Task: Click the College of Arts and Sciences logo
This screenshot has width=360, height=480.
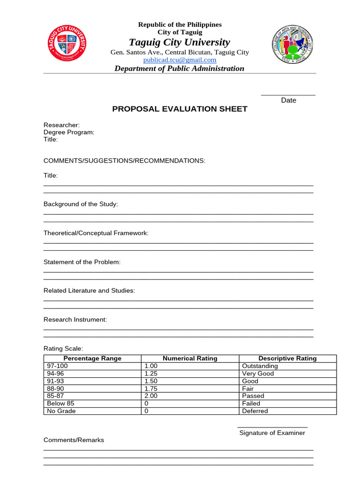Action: pyautogui.click(x=292, y=49)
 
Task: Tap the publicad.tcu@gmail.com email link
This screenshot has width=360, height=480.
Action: pyautogui.click(x=180, y=60)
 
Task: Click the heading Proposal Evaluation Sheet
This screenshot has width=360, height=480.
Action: pyautogui.click(x=180, y=109)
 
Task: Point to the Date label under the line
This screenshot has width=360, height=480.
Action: pyautogui.click(x=288, y=100)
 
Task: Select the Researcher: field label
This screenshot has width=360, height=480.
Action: pyautogui.click(x=61, y=125)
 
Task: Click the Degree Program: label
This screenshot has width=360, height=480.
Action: pyautogui.click(x=69, y=132)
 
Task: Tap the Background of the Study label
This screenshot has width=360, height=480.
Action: pyautogui.click(x=81, y=204)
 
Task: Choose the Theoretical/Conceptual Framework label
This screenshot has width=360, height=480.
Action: pyautogui.click(x=96, y=233)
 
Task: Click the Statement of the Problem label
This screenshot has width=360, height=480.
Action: pyautogui.click(x=82, y=262)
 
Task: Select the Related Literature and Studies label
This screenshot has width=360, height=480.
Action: pyautogui.click(x=89, y=291)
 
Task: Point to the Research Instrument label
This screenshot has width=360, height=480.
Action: pyautogui.click(x=75, y=320)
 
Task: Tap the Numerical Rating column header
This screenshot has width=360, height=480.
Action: pyautogui.click(x=190, y=359)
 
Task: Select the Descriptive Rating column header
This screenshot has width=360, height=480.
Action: pyautogui.click(x=287, y=359)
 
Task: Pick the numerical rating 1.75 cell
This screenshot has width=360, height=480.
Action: pyautogui.click(x=150, y=389)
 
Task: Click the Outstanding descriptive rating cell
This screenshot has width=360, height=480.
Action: pyautogui.click(x=260, y=366)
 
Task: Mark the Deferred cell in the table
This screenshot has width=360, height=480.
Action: pyautogui.click(x=255, y=411)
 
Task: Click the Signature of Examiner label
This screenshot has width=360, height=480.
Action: pyautogui.click(x=272, y=433)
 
